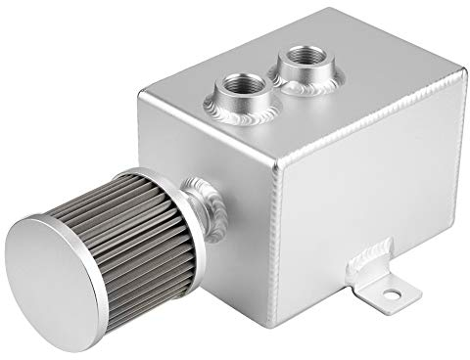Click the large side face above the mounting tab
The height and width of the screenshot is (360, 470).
click(362, 186)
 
